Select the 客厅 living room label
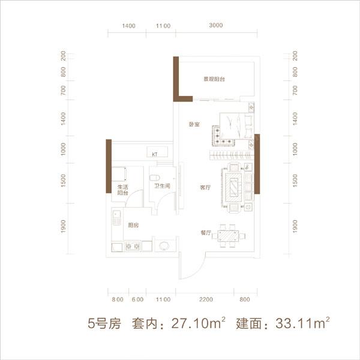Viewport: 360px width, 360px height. [205, 187]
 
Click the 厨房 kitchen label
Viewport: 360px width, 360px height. [133, 225]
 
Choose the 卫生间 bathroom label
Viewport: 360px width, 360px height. [162, 186]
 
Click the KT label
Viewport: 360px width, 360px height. [154, 154]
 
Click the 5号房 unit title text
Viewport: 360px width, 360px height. [104, 325]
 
